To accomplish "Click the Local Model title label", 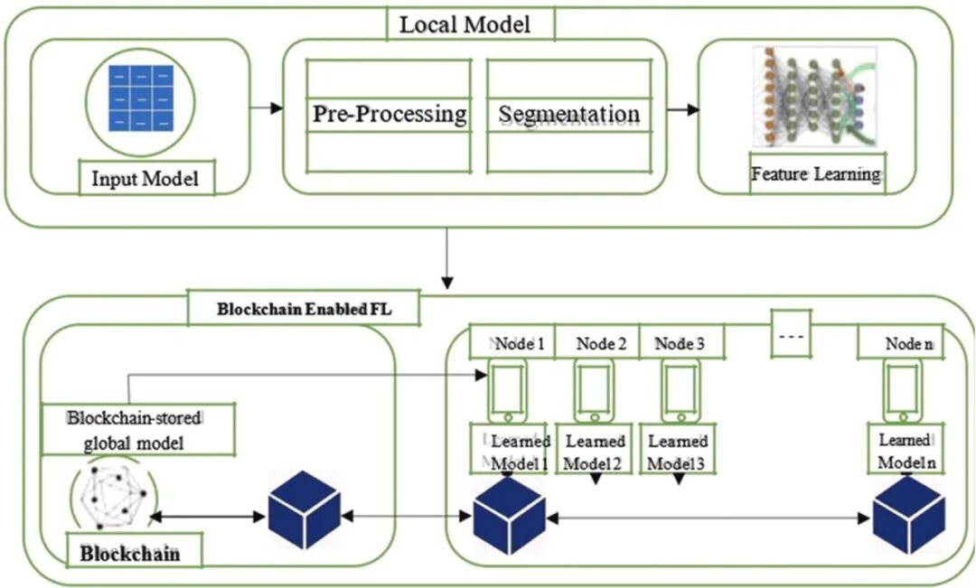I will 465,24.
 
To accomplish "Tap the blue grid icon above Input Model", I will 140,98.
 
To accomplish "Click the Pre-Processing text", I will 389,115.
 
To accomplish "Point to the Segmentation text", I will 568,115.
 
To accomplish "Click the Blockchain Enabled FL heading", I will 305,308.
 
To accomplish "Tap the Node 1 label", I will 511,343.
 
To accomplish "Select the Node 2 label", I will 601,343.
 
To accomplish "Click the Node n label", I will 908,343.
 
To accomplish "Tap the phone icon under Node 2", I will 594,389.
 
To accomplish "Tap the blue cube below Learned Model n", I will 908,520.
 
